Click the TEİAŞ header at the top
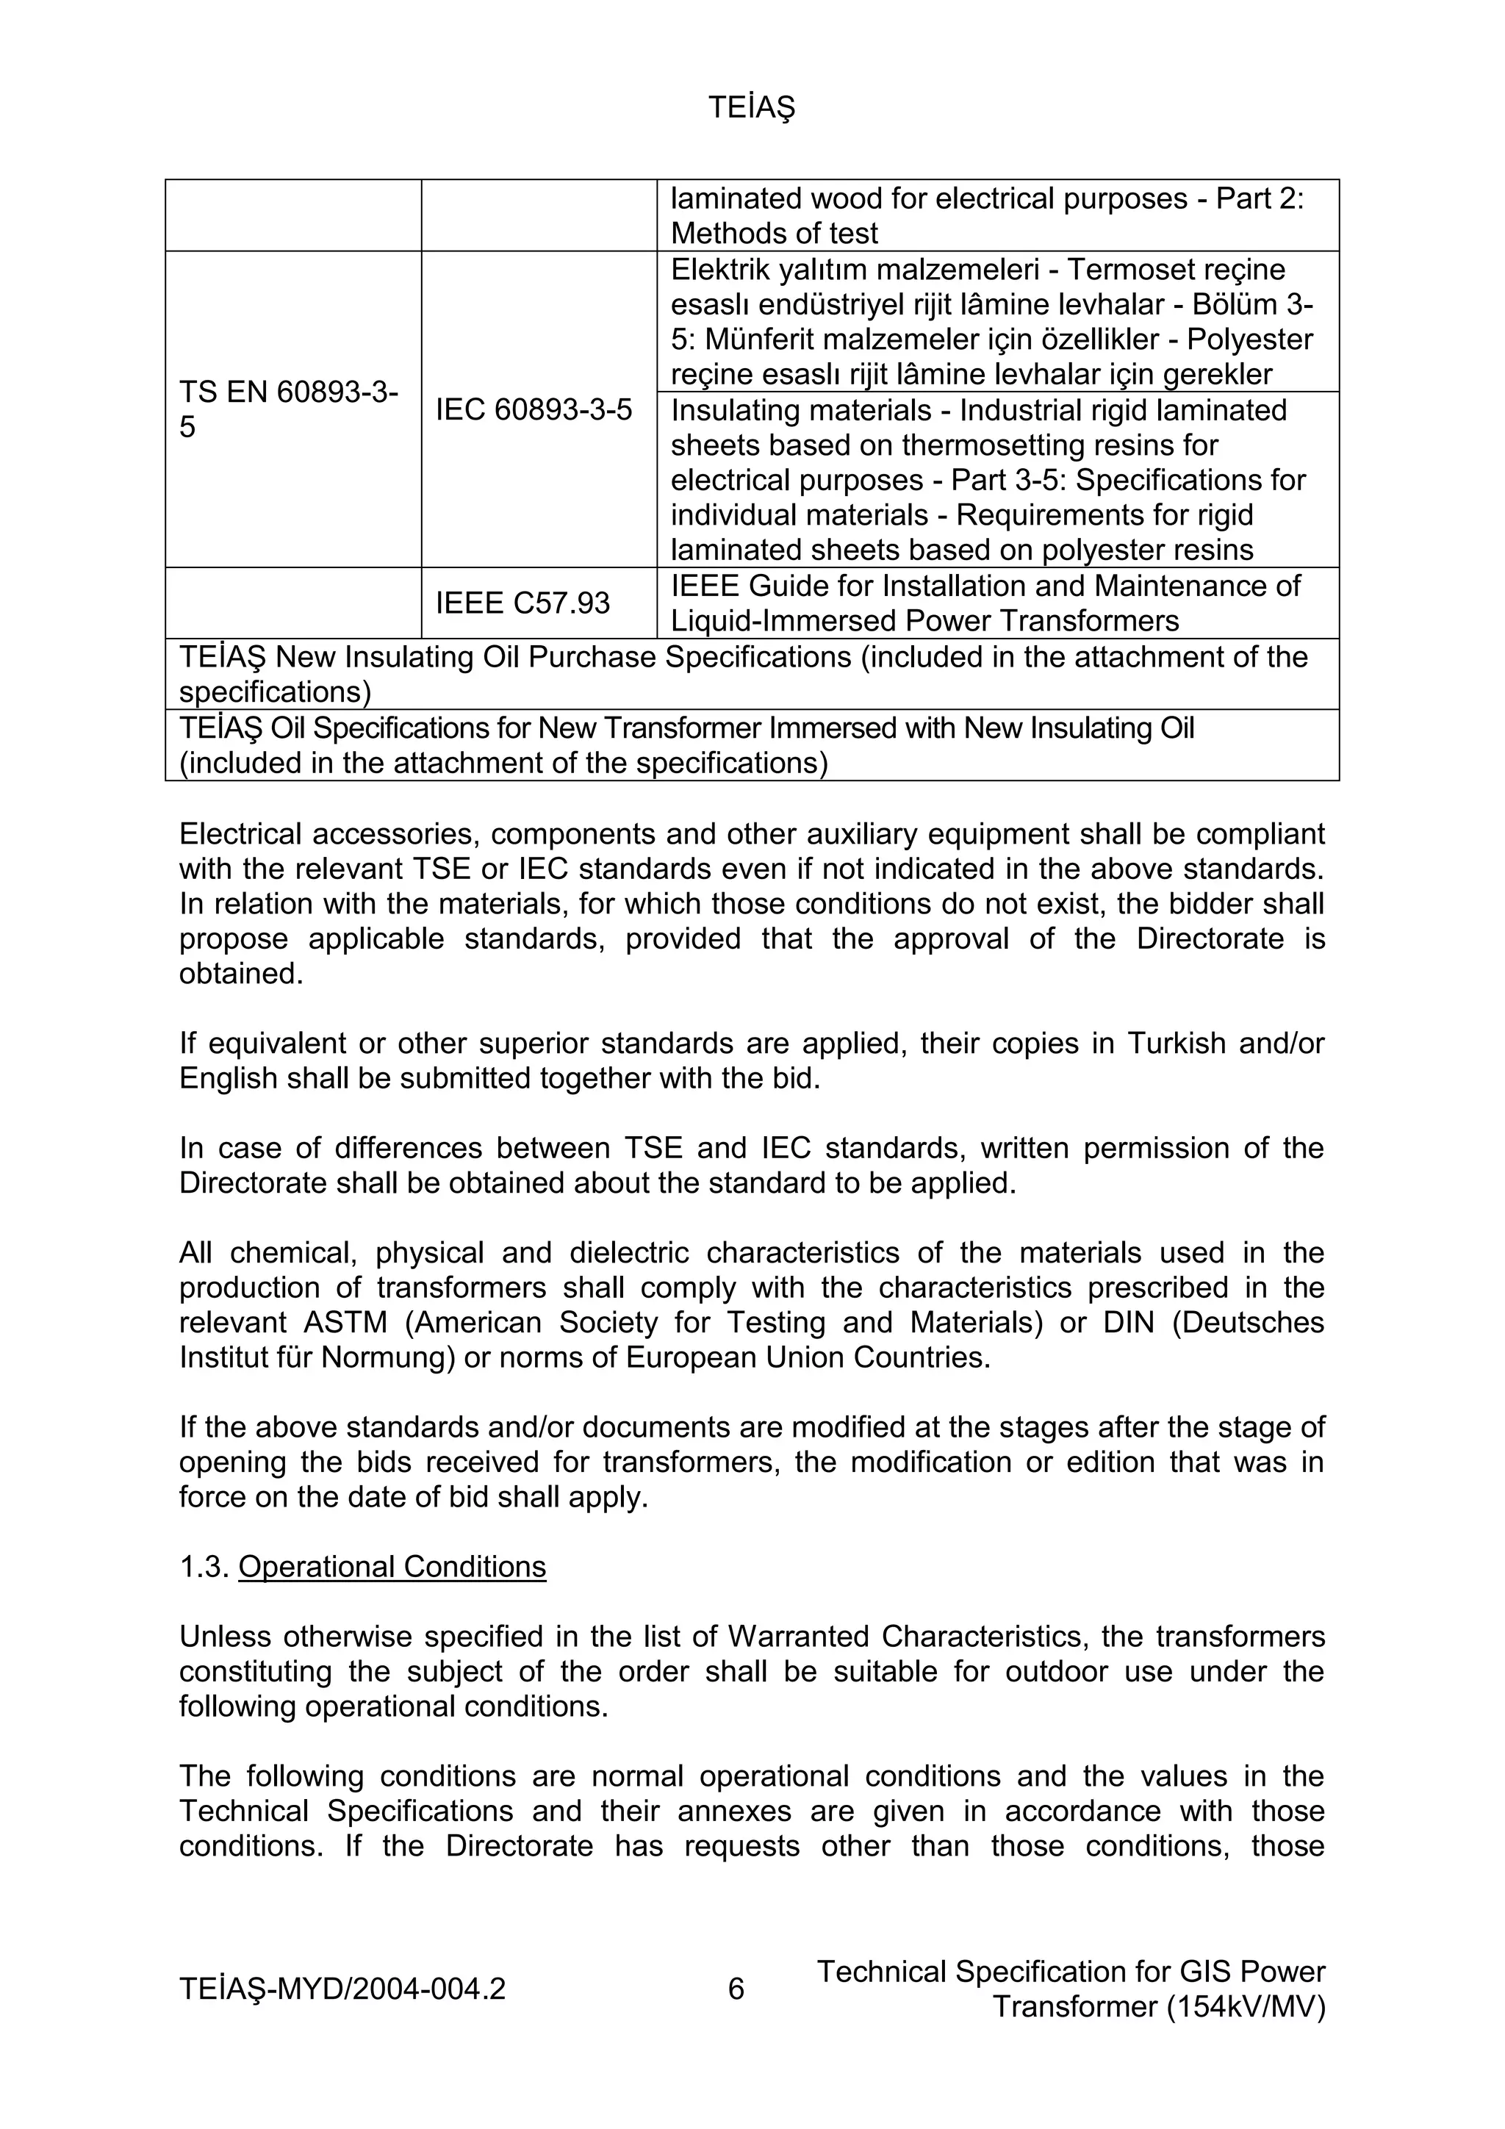751,109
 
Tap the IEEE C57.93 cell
523,603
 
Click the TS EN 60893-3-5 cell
288,409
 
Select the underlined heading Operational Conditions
392,1566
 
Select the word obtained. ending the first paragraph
241,974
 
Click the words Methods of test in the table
775,233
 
